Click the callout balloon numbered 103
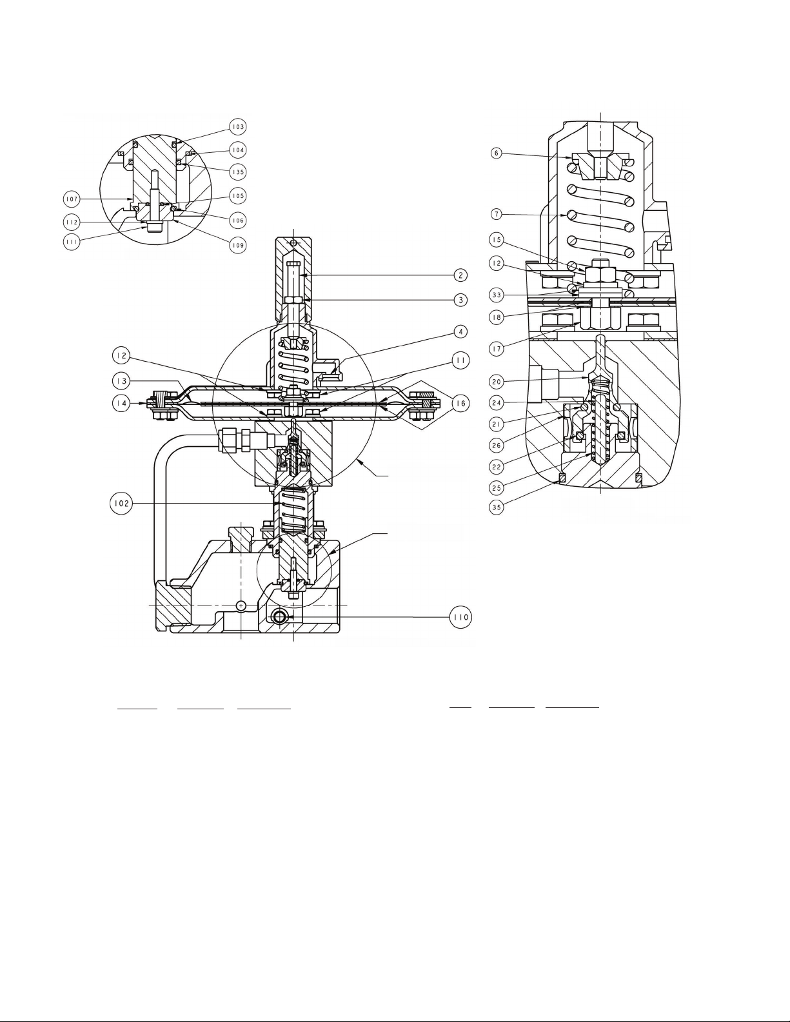coord(238,127)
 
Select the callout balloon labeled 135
coord(239,172)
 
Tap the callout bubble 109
coord(239,245)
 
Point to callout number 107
coord(72,199)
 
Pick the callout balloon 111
coord(72,242)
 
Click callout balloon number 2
coord(460,275)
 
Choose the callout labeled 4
coord(461,331)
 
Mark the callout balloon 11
coord(461,360)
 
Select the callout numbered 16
coord(461,404)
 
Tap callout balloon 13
coord(121,380)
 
